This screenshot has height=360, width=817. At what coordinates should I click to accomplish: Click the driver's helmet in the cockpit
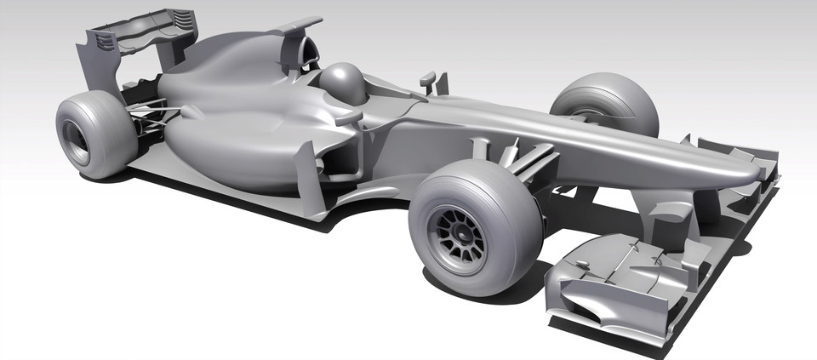coord(342,82)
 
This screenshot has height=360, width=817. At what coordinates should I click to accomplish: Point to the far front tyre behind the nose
coord(606,101)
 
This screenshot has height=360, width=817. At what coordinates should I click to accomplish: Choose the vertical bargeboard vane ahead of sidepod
coord(307,174)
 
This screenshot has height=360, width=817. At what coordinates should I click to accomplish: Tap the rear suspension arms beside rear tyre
coord(151,115)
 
